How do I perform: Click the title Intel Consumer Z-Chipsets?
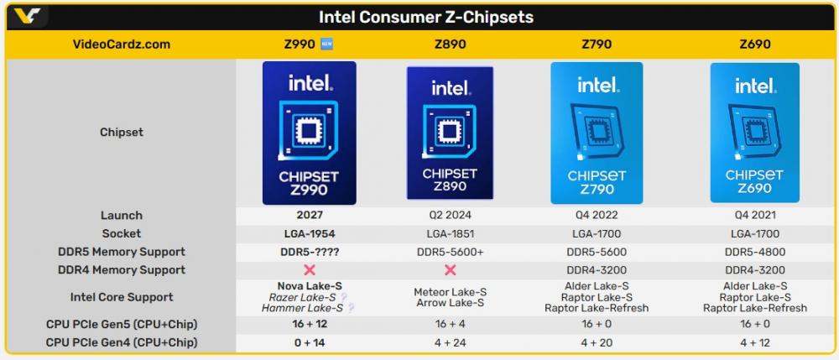click(x=425, y=17)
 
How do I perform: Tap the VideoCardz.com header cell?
click(x=121, y=44)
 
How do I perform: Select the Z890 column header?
click(x=450, y=44)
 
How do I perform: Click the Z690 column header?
click(x=754, y=44)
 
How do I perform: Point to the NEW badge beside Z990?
click(x=327, y=44)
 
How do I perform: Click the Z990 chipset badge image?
click(x=309, y=133)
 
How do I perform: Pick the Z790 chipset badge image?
click(x=596, y=133)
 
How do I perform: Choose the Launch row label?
click(x=121, y=216)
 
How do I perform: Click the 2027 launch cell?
click(x=309, y=216)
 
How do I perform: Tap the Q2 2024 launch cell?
click(x=450, y=216)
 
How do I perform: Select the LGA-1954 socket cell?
click(x=309, y=234)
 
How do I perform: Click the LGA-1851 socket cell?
click(x=450, y=234)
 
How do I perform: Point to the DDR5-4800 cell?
click(x=754, y=252)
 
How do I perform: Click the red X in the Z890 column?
click(x=450, y=270)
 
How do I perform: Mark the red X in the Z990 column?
click(x=309, y=270)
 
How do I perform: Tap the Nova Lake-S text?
click(x=309, y=286)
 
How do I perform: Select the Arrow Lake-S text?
click(x=450, y=303)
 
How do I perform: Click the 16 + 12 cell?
click(x=309, y=325)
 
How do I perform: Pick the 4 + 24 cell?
click(x=450, y=342)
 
